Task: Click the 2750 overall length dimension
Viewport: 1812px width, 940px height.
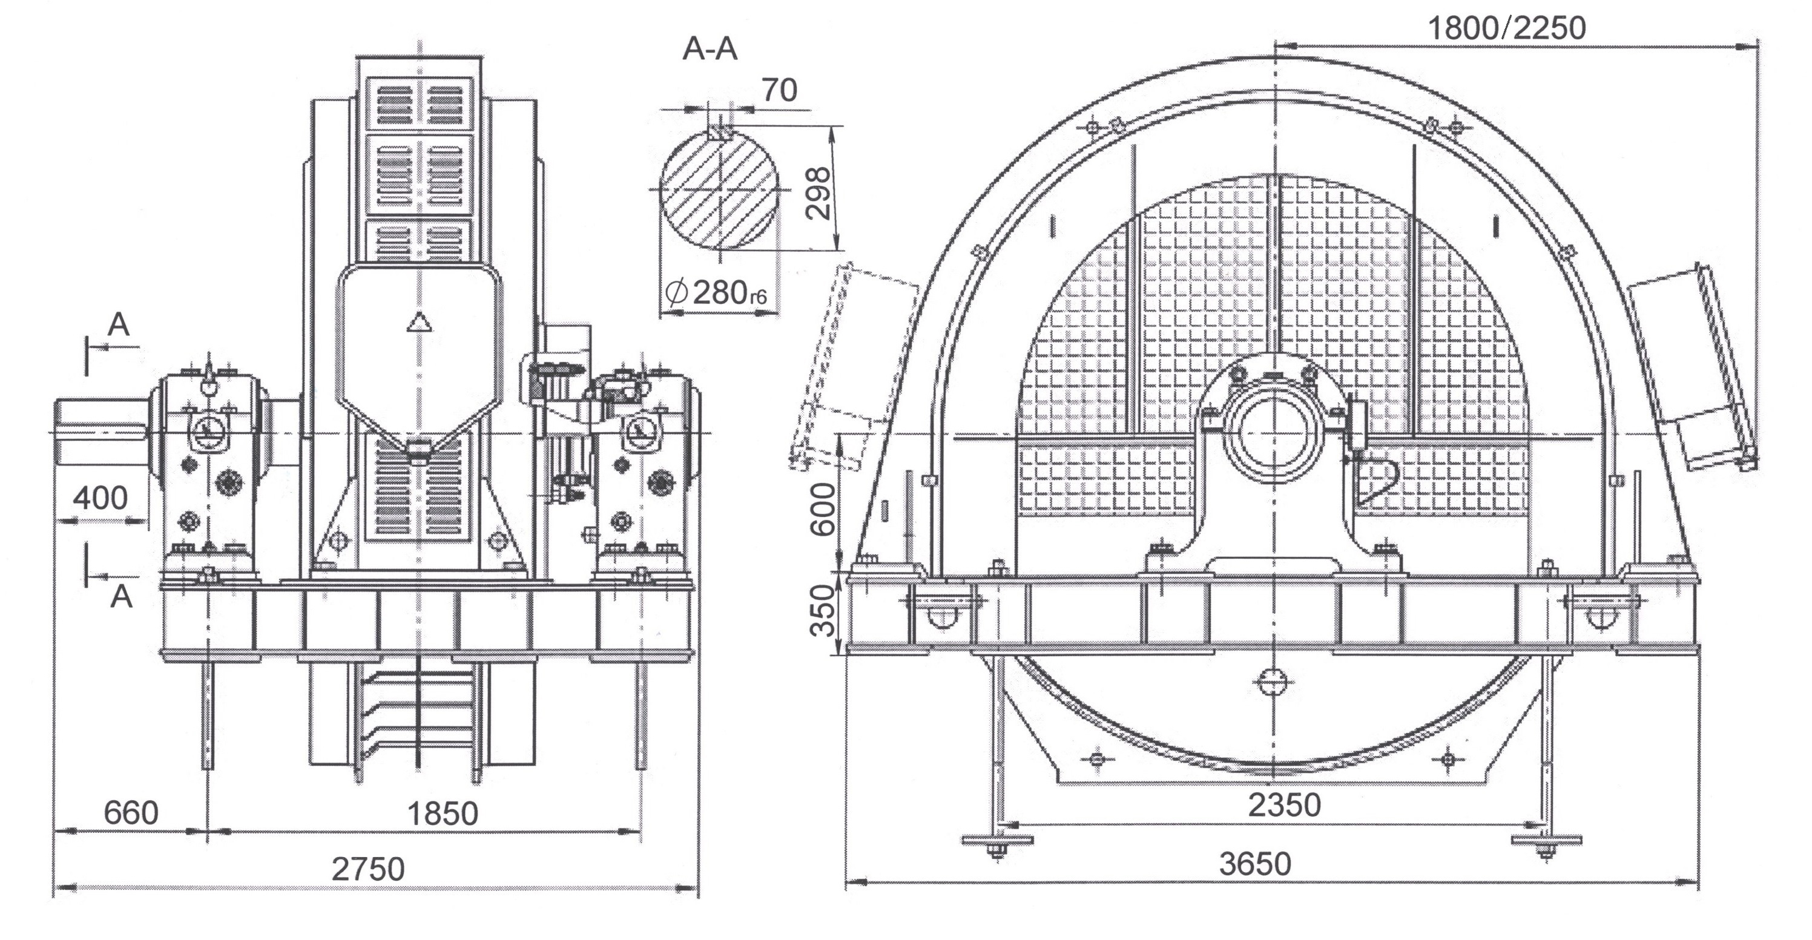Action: pyautogui.click(x=368, y=869)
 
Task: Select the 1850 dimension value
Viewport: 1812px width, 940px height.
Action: pyautogui.click(x=443, y=813)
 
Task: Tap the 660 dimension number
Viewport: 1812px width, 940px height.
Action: pyautogui.click(x=131, y=813)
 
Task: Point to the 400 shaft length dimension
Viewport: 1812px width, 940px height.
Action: pyautogui.click(x=100, y=498)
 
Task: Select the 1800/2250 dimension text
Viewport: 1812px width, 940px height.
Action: pyautogui.click(x=1507, y=28)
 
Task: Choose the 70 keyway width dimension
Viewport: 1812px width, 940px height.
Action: pyautogui.click(x=779, y=90)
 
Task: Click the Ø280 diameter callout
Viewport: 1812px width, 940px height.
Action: pyautogui.click(x=714, y=292)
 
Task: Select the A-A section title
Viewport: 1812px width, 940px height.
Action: pyautogui.click(x=710, y=49)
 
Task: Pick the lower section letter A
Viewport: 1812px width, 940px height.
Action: pyautogui.click(x=121, y=597)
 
